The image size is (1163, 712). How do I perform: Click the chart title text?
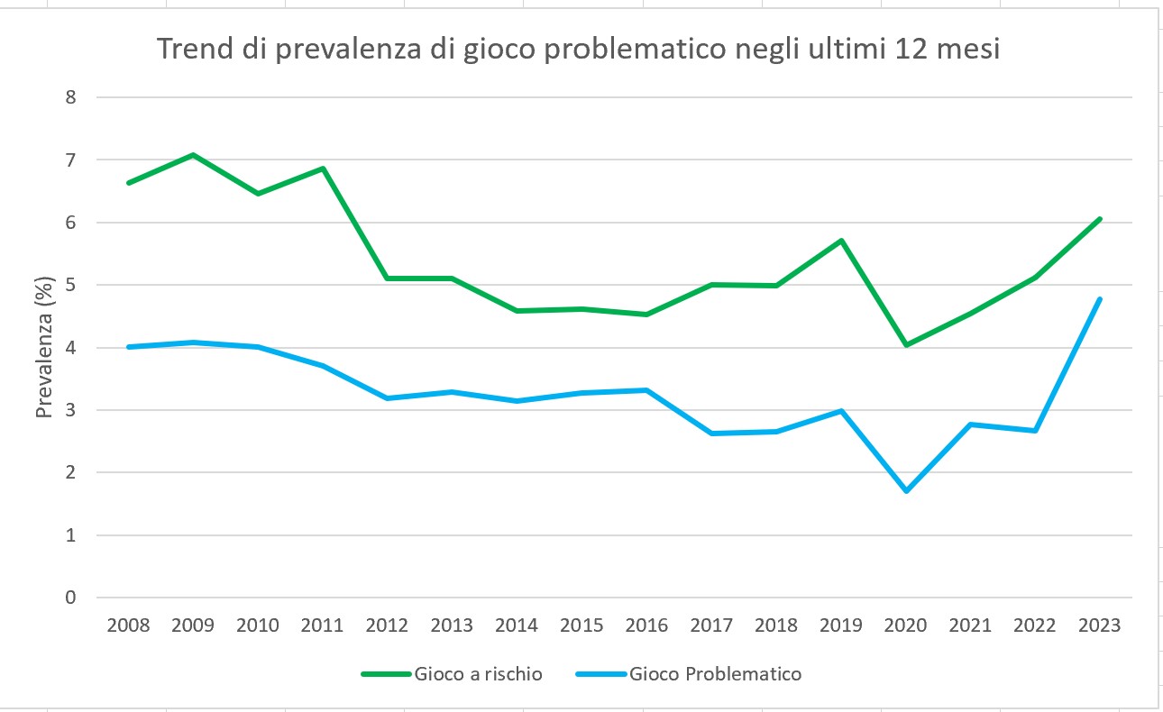coord(578,50)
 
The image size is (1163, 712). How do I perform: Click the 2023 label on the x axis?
coord(1100,624)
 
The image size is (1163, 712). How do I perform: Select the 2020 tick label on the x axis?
coord(906,624)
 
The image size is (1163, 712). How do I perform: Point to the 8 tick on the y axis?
coord(70,97)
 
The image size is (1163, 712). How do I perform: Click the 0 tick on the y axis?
coord(70,598)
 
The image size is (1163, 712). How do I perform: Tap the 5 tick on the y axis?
coord(70,285)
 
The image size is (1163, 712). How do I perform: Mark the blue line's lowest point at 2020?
coord(906,491)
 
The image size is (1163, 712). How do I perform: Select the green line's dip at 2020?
coord(906,345)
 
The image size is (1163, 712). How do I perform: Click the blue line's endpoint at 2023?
coord(1101,298)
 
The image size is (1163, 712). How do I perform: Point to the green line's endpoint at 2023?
coord(1101,218)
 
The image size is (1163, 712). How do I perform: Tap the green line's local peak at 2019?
coord(841,241)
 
